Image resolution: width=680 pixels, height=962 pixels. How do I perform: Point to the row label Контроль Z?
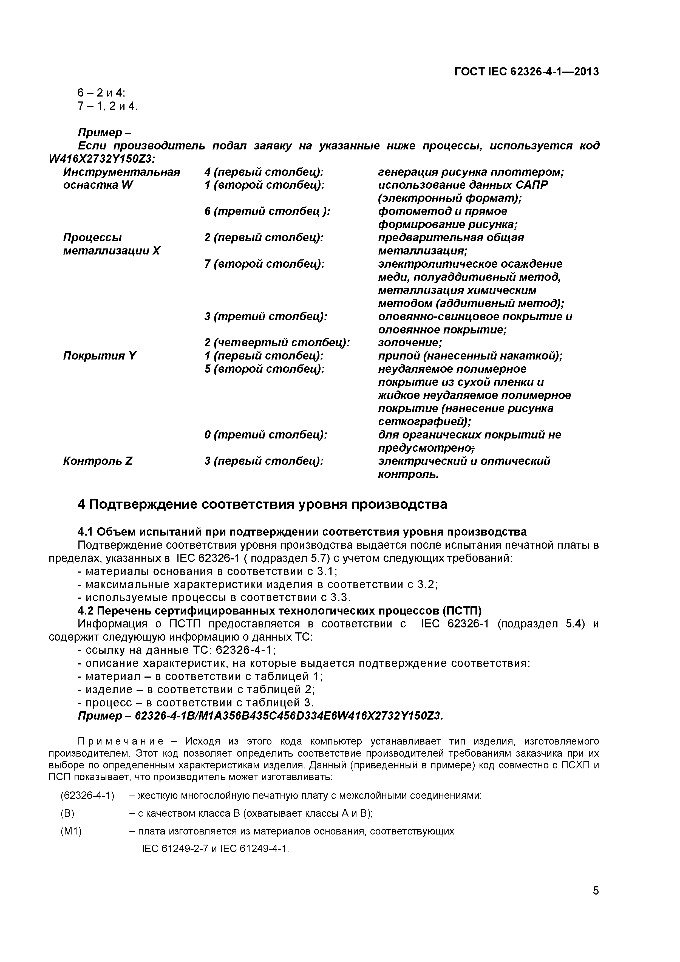[x=98, y=461]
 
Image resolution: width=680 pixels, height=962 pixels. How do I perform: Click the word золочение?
[x=410, y=343]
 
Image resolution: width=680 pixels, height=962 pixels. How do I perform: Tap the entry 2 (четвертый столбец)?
[x=277, y=343]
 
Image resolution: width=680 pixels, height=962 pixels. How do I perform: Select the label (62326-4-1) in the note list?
[x=87, y=795]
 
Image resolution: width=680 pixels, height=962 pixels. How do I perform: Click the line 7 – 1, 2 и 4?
[x=107, y=106]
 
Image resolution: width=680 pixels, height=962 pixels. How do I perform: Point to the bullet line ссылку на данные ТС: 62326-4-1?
[x=177, y=650]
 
